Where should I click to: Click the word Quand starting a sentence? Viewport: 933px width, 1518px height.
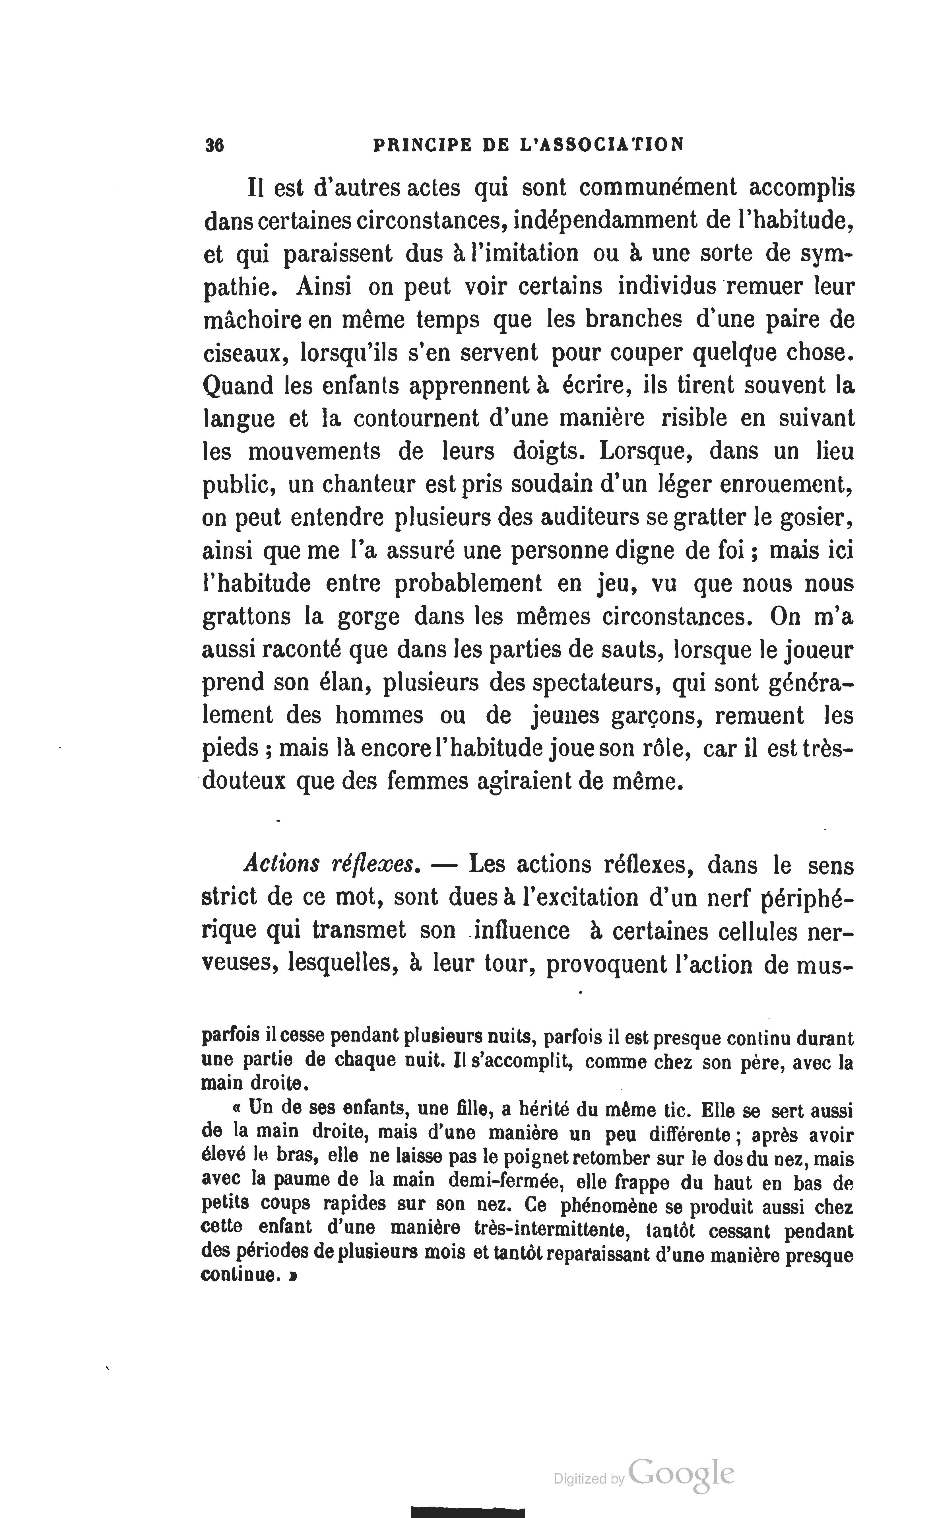click(238, 386)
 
